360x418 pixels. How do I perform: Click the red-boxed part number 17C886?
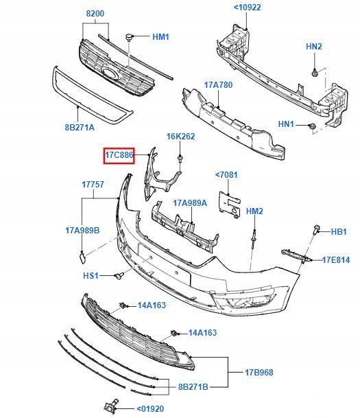119,156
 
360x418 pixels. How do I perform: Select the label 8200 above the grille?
95,14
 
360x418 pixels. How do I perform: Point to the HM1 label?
160,36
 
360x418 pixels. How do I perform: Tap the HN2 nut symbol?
314,71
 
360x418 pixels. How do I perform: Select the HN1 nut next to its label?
311,126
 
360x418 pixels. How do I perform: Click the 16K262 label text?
181,137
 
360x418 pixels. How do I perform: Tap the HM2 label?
254,211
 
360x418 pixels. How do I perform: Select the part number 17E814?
336,259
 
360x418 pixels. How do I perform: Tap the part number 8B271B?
194,387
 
